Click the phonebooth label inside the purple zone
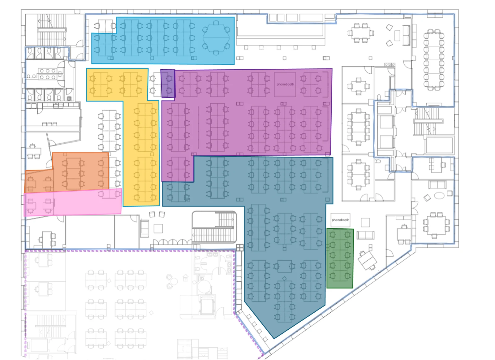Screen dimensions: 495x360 pyautogui.click(x=285, y=84)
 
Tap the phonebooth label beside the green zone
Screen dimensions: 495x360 pyautogui.click(x=340, y=220)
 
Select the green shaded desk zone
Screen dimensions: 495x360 pyautogui.click(x=340, y=258)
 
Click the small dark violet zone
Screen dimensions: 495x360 pyautogui.click(x=168, y=84)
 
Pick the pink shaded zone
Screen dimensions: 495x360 pyautogui.click(x=73, y=202)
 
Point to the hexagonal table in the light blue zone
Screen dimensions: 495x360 pyautogui.click(x=216, y=38)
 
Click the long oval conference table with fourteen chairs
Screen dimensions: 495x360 pyautogui.click(x=433, y=60)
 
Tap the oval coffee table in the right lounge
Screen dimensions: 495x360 pyautogui.click(x=439, y=196)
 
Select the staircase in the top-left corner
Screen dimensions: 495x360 pyautogui.click(x=52, y=30)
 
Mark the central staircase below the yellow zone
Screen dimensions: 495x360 pyautogui.click(x=214, y=227)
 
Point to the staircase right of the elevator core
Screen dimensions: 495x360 pyautogui.click(x=428, y=121)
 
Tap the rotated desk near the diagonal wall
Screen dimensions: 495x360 pyautogui.click(x=367, y=260)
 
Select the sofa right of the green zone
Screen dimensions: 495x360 pyautogui.click(x=365, y=235)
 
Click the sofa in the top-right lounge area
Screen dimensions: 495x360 pyautogui.click(x=406, y=35)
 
